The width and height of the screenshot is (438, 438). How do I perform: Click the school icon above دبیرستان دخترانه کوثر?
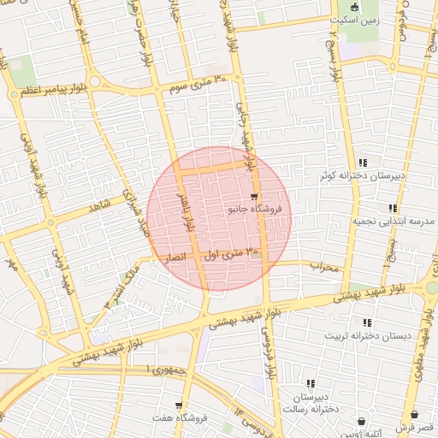point(364,163)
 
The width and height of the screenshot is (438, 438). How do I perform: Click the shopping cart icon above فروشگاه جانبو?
point(254,196)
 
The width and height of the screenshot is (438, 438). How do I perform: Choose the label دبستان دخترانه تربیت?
point(363,335)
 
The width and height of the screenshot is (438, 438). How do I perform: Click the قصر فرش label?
point(415,426)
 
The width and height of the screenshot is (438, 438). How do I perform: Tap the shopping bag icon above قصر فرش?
point(415,414)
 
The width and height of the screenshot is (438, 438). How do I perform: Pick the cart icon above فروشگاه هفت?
point(179,405)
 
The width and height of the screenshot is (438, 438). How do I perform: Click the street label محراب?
point(324,267)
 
